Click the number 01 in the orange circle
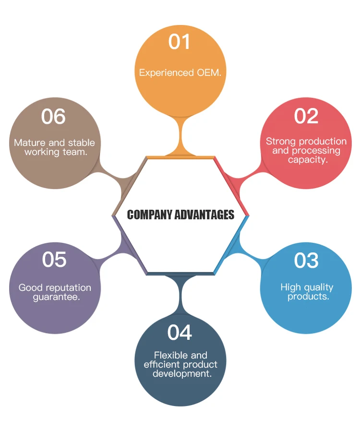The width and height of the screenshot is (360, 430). pyautogui.click(x=180, y=42)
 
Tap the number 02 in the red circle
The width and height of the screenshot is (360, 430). pyautogui.click(x=306, y=116)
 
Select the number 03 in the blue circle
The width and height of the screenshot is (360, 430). pyautogui.click(x=306, y=261)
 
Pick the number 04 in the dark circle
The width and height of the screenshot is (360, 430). pyautogui.click(x=180, y=333)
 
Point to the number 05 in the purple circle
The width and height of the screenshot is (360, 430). pyautogui.click(x=54, y=260)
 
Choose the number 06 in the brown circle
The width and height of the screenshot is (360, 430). pyautogui.click(x=53, y=117)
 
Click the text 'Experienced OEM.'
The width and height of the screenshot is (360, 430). pyautogui.click(x=180, y=73)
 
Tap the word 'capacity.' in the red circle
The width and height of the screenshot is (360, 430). pyautogui.click(x=308, y=160)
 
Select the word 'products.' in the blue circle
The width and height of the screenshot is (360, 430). pyautogui.click(x=308, y=297)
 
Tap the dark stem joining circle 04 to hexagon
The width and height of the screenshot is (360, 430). pyautogui.click(x=180, y=288)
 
